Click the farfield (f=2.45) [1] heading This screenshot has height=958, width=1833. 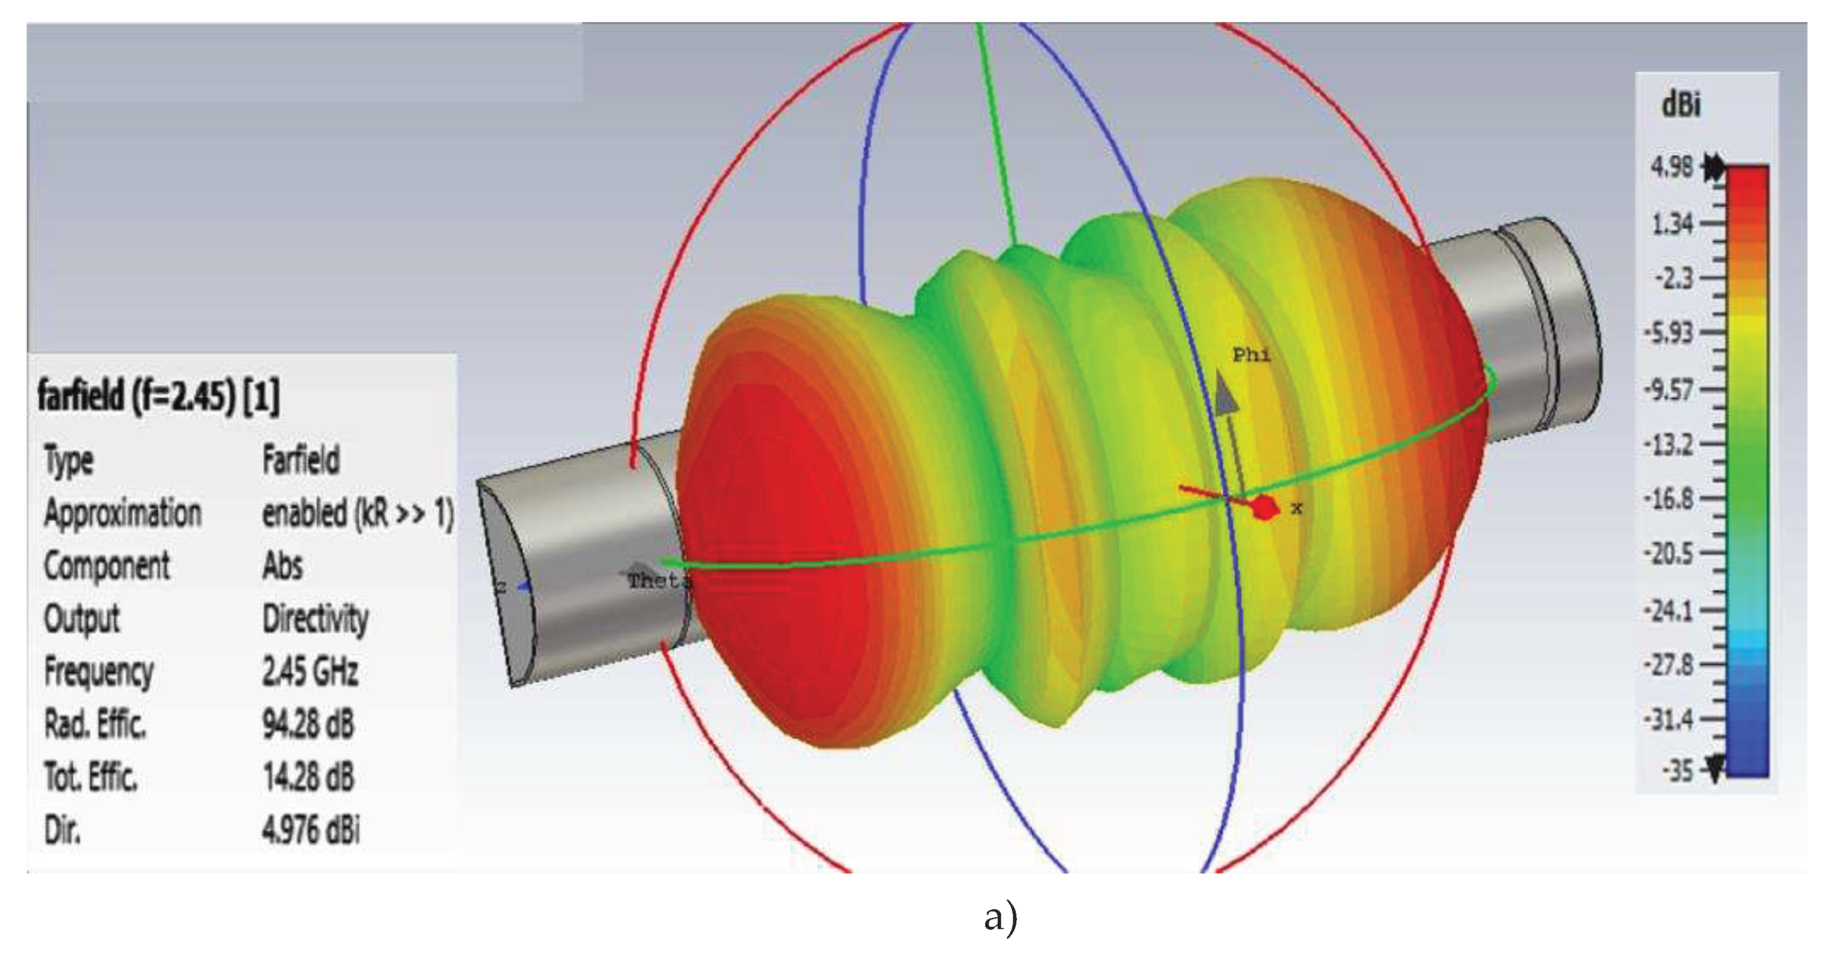[x=158, y=395]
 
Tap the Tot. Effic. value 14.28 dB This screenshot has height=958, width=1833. [x=308, y=776]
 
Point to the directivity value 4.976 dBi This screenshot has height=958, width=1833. [x=311, y=829]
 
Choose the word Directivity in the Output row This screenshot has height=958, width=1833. [x=315, y=619]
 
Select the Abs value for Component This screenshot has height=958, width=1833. [x=283, y=566]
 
